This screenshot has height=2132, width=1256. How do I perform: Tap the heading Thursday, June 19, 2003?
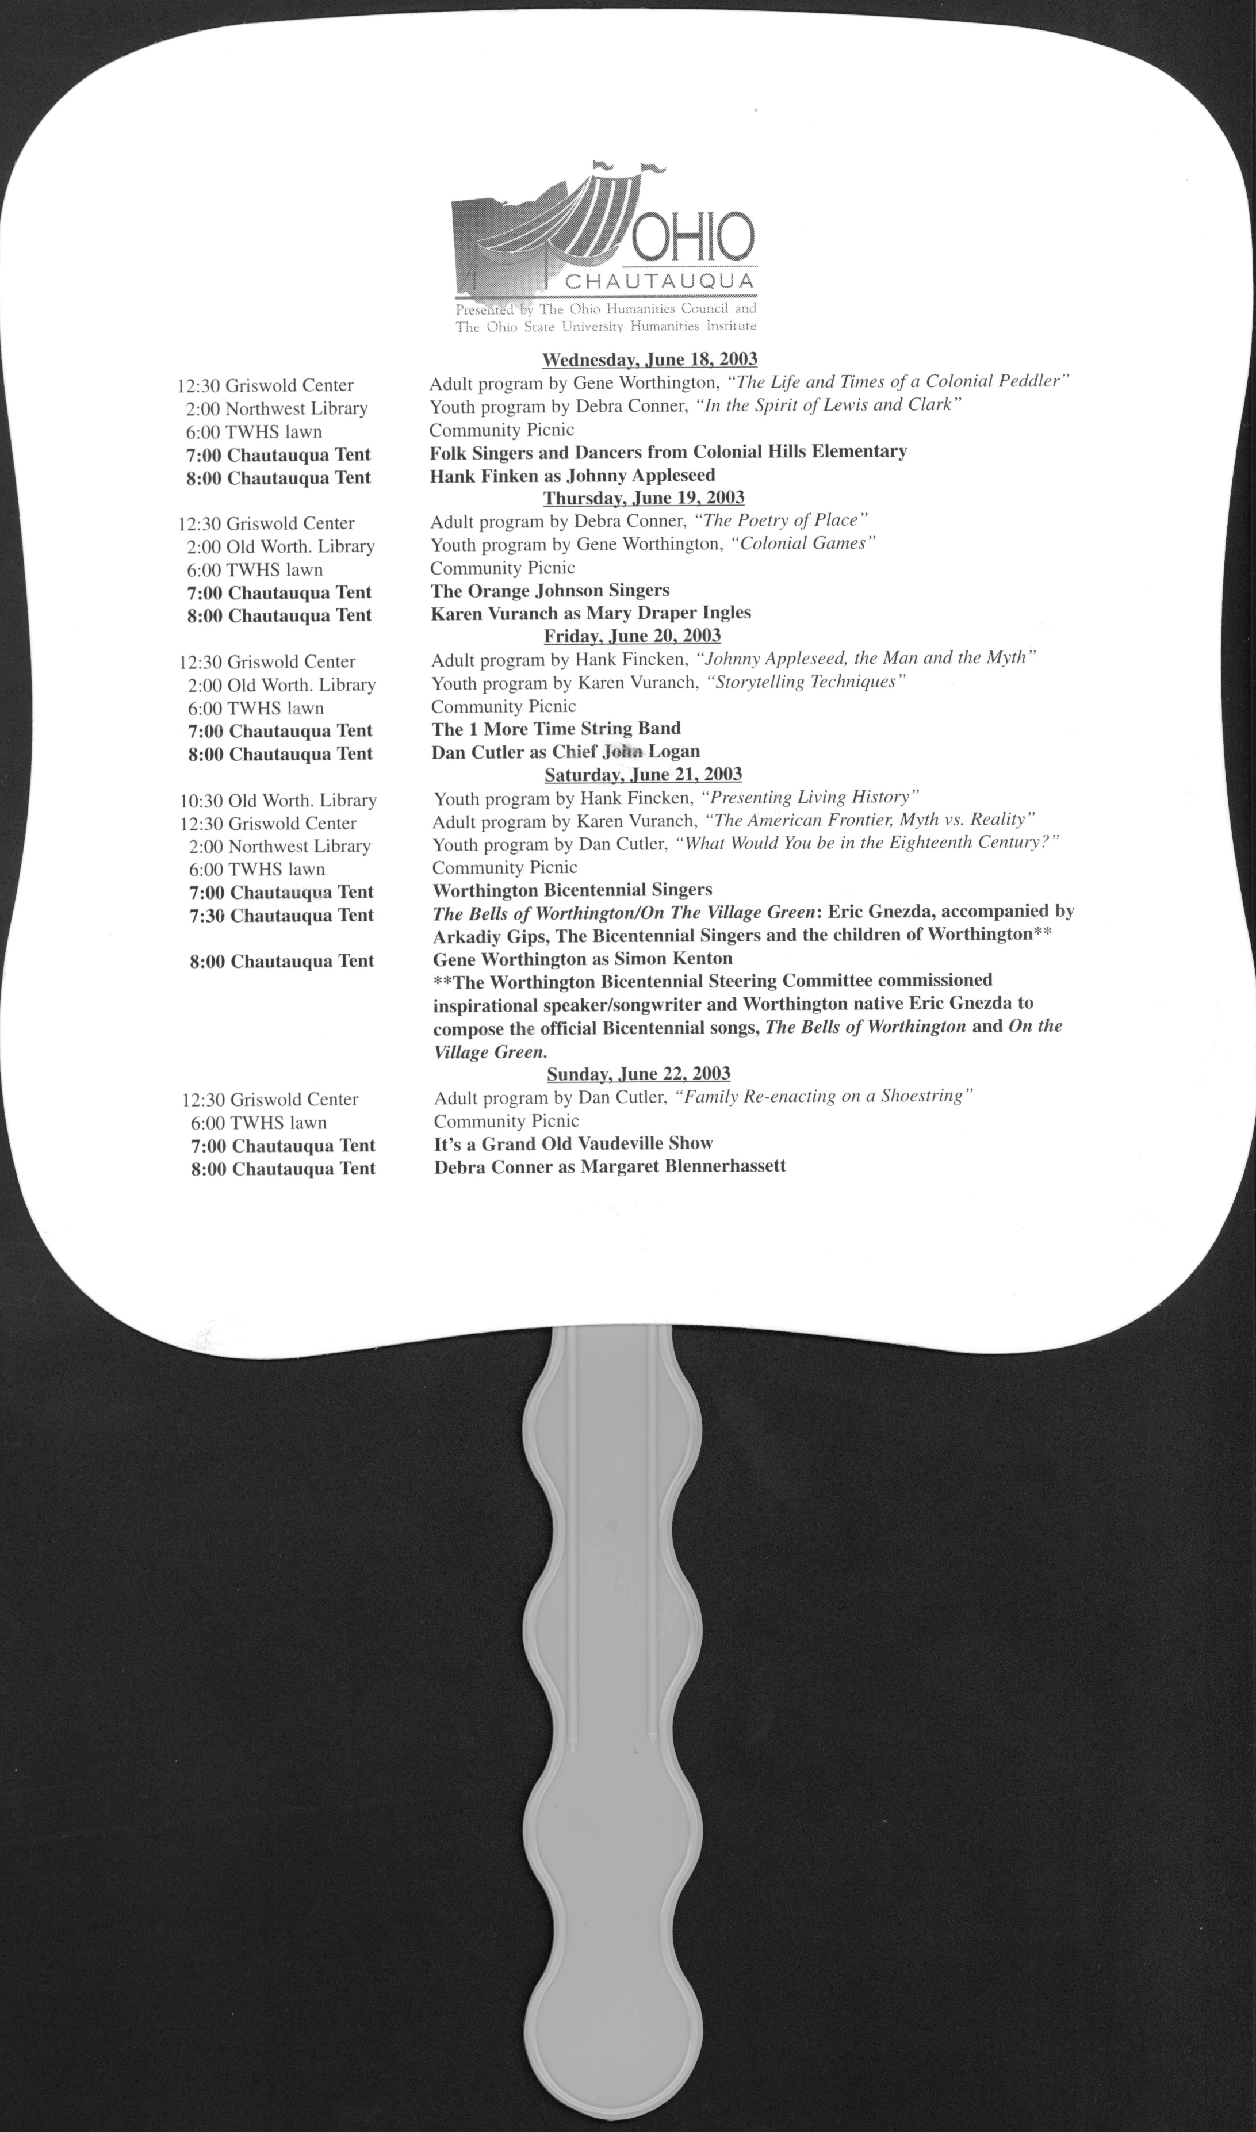tap(643, 497)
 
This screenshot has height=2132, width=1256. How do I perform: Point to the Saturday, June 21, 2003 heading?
tap(643, 775)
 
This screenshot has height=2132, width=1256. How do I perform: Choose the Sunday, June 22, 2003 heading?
tap(638, 1074)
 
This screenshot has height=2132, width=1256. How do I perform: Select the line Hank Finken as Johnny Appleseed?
tap(572, 475)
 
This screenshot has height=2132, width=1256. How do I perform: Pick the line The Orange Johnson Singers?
tap(550, 590)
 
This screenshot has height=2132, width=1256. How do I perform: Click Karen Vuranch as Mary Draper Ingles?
tap(591, 613)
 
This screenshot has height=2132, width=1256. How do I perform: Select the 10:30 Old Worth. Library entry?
tap(278, 801)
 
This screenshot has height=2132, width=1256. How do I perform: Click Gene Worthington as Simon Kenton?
tap(583, 959)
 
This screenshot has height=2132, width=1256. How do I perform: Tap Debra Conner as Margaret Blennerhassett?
tap(610, 1166)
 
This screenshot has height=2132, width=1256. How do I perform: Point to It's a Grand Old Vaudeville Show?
tap(573, 1143)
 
